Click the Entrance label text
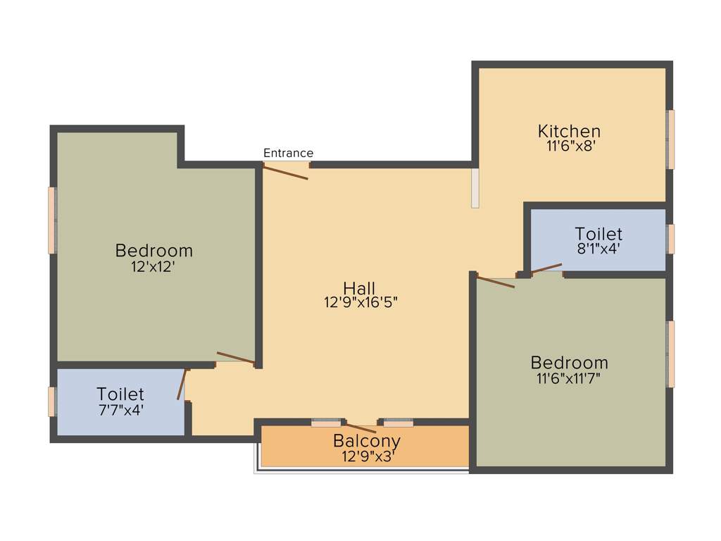(288, 153)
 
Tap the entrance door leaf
(286, 171)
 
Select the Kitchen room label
(569, 131)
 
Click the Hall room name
(359, 287)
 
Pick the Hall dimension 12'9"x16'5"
(361, 303)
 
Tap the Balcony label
(366, 441)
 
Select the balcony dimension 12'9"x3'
(368, 456)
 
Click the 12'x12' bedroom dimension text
(153, 266)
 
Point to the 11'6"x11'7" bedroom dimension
(569, 378)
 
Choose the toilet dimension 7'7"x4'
(120, 410)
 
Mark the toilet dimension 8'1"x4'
(598, 249)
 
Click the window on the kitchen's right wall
(671, 139)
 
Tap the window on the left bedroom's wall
(52, 220)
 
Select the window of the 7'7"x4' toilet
(51, 402)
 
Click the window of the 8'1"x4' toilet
(671, 239)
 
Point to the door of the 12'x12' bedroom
(236, 358)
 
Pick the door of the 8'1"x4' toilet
(546, 268)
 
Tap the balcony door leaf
(360, 427)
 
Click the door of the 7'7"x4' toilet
(182, 384)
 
